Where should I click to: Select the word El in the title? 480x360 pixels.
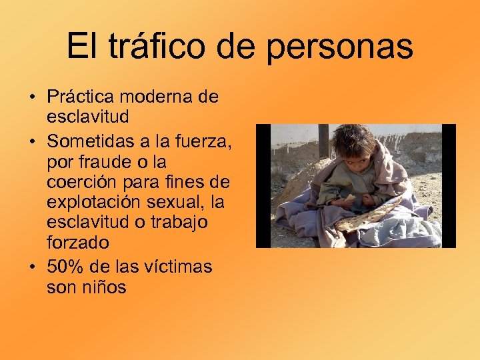click(80, 47)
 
